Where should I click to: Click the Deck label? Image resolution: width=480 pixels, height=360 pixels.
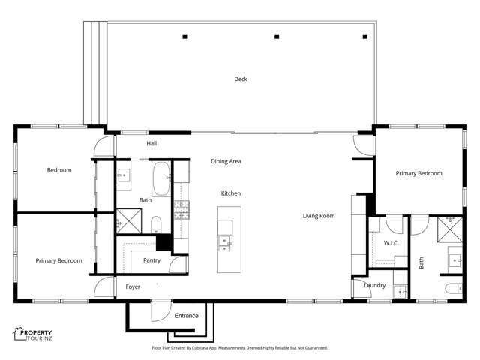point(240,79)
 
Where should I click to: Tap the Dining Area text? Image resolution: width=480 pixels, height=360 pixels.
point(226,161)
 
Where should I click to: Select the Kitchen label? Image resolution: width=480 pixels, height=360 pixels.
point(230,193)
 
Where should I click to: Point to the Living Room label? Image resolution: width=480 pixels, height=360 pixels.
point(319,216)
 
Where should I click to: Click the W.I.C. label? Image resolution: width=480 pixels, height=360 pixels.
point(390,242)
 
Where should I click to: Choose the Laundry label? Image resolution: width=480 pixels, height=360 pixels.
point(374,285)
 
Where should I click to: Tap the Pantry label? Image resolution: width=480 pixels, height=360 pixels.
point(151,260)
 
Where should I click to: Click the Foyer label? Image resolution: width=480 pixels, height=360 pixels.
point(133,286)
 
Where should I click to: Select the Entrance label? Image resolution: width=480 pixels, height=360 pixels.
point(186,316)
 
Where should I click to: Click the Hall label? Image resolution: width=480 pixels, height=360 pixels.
point(151,143)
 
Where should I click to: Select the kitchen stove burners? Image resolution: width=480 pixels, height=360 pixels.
point(182,208)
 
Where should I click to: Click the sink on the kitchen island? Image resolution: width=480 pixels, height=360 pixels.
point(225,241)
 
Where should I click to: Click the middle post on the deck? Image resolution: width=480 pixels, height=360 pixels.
point(277,36)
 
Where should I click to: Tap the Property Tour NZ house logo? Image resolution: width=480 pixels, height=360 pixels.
point(19,333)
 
